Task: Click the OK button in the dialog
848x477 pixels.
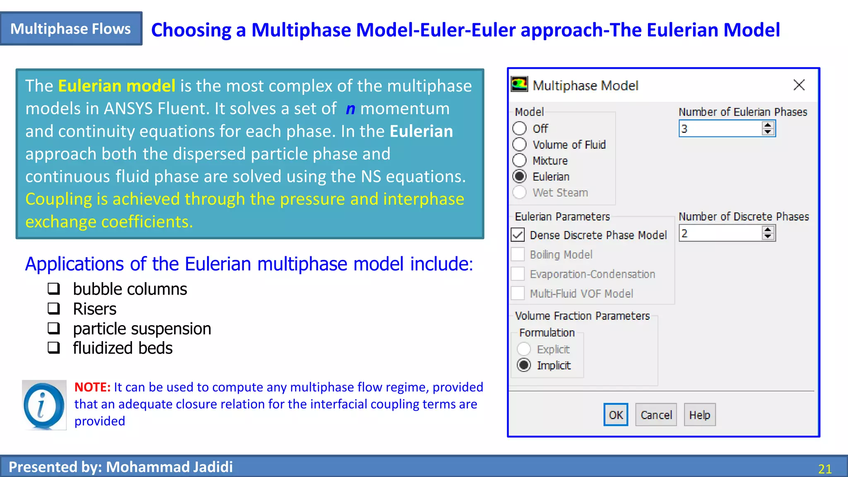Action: (x=615, y=414)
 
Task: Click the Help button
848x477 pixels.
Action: (x=699, y=414)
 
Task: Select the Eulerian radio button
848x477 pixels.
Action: (x=520, y=176)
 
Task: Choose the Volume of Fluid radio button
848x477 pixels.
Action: (x=520, y=145)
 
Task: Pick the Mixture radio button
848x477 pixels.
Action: (x=520, y=160)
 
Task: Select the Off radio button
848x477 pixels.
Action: (x=520, y=128)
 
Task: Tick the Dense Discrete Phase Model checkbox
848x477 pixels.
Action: (x=518, y=235)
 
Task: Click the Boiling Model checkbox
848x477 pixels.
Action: (x=518, y=254)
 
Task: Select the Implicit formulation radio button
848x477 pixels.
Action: (x=524, y=365)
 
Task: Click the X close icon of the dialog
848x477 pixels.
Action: (x=799, y=85)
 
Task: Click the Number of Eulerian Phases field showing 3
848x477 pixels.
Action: (x=720, y=129)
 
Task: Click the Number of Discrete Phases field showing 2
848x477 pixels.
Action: (x=720, y=234)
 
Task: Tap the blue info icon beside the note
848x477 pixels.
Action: (x=44, y=405)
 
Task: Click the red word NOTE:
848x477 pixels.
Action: (x=92, y=387)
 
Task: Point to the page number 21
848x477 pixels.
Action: (x=824, y=469)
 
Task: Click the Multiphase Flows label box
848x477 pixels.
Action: (x=71, y=29)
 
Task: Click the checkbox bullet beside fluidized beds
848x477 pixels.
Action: (x=54, y=348)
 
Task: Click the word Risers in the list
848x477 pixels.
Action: (x=94, y=309)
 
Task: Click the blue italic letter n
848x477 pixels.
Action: (x=350, y=109)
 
